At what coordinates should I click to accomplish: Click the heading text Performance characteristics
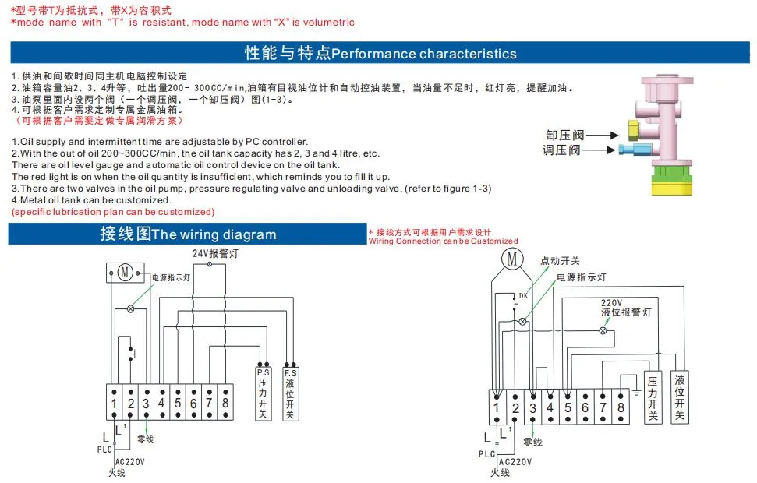424,54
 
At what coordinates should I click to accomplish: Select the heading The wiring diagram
214,234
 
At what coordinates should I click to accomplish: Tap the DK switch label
523,295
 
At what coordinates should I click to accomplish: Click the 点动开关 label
560,261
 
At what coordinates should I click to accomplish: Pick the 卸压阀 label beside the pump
563,135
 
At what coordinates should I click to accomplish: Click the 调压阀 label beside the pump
563,150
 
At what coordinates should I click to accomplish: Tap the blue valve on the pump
629,149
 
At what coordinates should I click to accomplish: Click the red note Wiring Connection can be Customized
443,241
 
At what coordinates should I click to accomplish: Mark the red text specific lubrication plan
113,212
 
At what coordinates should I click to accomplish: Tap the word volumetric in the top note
324,23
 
